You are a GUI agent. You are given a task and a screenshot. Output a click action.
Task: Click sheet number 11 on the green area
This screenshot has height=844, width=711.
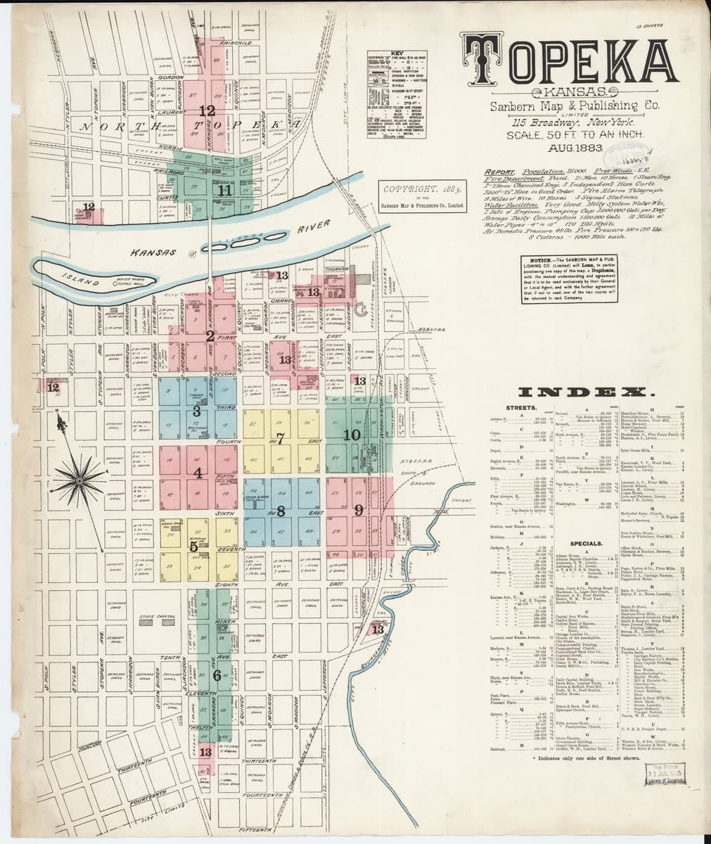click(x=224, y=190)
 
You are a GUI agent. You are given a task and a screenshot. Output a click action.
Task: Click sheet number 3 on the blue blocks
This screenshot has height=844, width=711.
click(x=197, y=410)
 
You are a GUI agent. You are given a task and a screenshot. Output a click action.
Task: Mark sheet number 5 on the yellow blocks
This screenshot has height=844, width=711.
click(x=193, y=545)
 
